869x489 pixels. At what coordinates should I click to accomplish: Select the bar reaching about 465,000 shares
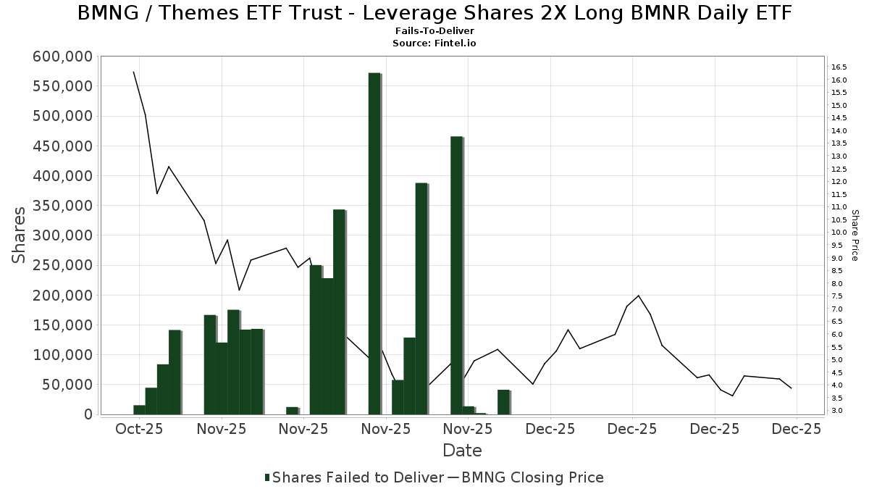456,275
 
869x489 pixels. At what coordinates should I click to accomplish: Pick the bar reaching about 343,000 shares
339,312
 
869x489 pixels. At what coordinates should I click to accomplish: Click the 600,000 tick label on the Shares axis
63,57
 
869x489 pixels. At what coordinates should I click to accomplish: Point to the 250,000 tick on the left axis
63,265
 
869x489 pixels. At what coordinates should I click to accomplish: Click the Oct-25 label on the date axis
139,429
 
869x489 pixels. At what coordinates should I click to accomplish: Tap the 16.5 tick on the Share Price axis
839,67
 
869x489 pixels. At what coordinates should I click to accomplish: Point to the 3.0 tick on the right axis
836,411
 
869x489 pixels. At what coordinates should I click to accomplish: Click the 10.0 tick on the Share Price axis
839,233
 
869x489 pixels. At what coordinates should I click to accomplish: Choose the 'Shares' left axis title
20,235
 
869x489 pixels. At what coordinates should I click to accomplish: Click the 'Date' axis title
462,451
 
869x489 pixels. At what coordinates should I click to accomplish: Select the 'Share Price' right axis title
855,235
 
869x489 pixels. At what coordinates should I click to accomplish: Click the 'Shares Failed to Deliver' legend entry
355,477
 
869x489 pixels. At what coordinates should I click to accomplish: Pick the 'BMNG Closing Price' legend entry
532,477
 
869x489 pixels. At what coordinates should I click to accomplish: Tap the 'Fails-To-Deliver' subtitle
434,31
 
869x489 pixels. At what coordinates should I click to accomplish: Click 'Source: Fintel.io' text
434,43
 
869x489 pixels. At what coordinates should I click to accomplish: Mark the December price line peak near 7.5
638,296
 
